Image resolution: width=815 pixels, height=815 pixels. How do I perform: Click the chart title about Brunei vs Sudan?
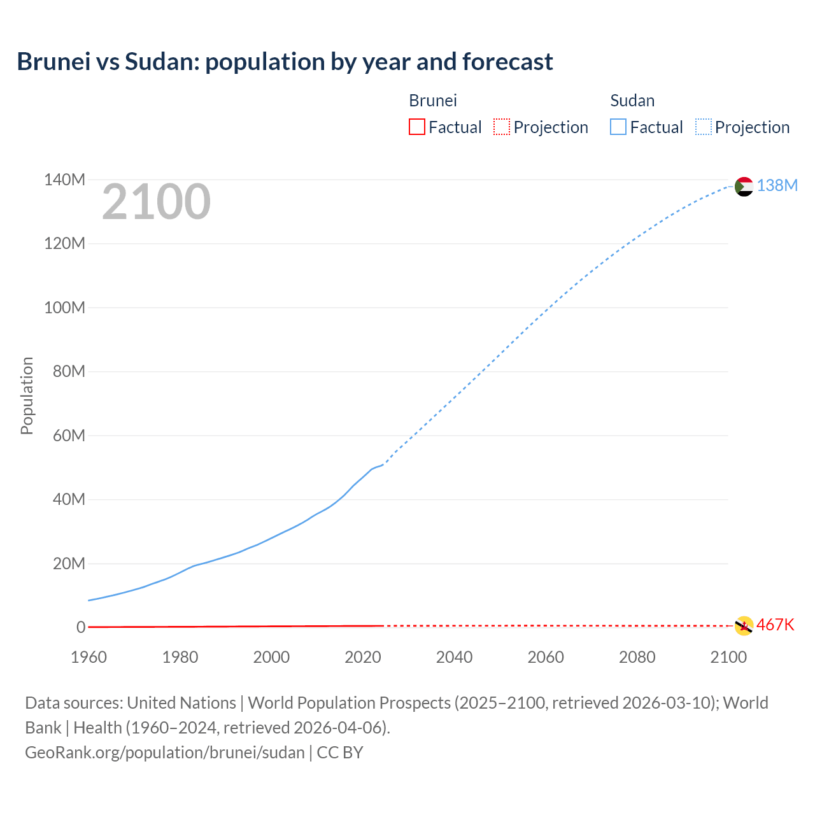[x=285, y=62]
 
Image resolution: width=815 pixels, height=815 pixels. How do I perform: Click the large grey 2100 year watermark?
[x=156, y=202]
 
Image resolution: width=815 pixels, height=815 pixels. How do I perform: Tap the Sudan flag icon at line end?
[x=744, y=187]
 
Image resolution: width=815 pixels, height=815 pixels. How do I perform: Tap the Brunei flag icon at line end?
[x=744, y=626]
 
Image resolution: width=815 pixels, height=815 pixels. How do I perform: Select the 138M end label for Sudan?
[x=777, y=185]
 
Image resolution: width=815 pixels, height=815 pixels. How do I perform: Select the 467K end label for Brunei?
[x=775, y=625]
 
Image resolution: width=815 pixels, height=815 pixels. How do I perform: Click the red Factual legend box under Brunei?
[x=416, y=127]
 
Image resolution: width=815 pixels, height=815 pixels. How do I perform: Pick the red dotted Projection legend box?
[x=502, y=127]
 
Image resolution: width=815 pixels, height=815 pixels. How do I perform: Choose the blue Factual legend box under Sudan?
[x=618, y=127]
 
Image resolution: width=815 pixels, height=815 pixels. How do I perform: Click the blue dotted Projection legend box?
[x=703, y=127]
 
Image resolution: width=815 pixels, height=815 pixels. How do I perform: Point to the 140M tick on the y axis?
[x=64, y=180]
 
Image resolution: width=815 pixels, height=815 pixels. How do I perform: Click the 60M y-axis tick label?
[x=69, y=436]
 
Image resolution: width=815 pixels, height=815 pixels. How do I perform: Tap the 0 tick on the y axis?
[x=80, y=627]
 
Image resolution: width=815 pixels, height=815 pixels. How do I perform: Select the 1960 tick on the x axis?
[x=89, y=657]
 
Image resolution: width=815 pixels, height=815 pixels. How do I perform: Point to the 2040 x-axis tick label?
[x=454, y=657]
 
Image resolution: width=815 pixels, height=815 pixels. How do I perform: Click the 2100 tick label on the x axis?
[x=728, y=657]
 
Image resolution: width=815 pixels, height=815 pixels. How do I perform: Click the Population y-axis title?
[x=27, y=395]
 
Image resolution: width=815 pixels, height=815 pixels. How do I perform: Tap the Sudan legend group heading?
[x=632, y=101]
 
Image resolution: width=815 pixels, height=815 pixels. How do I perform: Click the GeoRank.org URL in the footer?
[x=165, y=753]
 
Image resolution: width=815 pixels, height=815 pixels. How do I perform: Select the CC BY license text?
[x=340, y=753]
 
